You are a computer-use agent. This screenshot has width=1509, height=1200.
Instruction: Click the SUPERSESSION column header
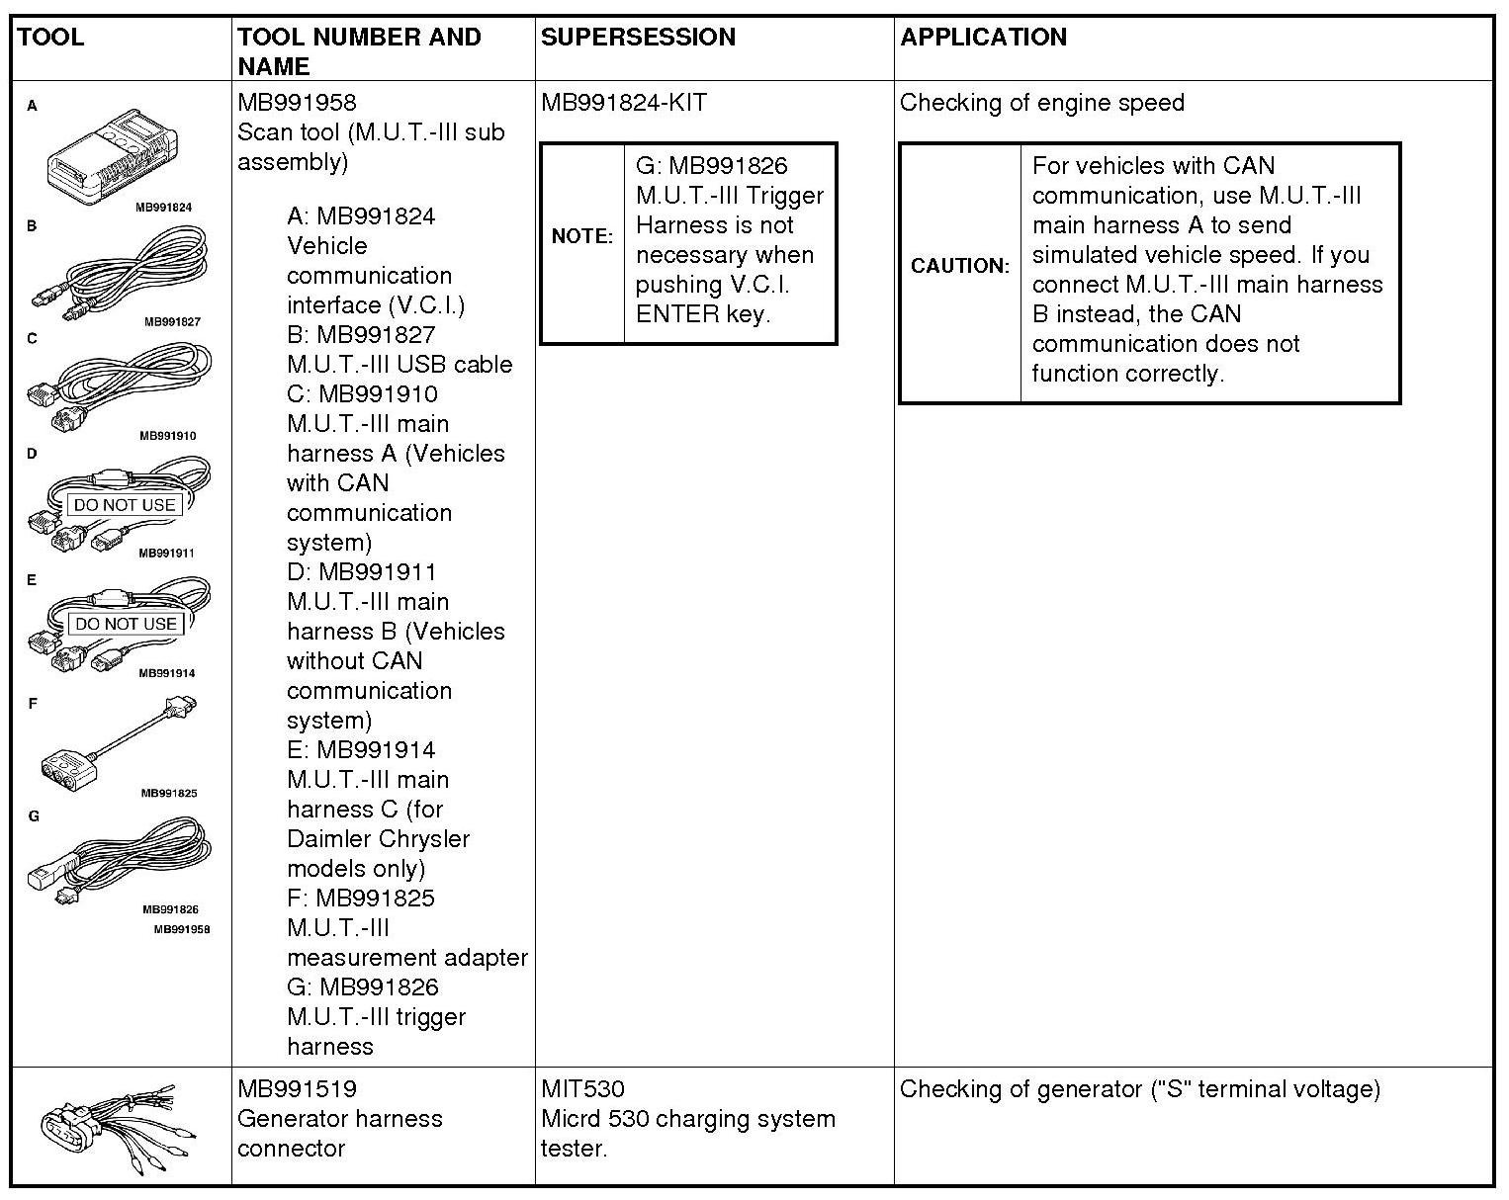(638, 38)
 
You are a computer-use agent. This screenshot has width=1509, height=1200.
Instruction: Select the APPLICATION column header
(983, 38)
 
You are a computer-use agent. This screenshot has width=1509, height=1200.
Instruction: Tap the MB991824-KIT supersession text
(624, 103)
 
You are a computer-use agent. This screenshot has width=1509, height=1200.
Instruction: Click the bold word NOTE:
(582, 236)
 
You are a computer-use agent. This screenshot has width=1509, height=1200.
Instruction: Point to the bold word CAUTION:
(960, 266)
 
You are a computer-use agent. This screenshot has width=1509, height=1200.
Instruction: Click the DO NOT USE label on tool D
(125, 505)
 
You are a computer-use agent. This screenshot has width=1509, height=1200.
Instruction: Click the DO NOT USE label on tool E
(126, 624)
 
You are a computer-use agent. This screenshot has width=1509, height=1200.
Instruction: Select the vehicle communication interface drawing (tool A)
(121, 158)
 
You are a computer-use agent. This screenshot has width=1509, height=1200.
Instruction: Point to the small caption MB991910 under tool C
(168, 435)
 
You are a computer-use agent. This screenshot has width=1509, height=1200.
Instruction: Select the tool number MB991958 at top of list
(297, 103)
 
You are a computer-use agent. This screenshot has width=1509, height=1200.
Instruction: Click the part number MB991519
(297, 1089)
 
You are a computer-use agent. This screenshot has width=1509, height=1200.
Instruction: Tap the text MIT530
(582, 1089)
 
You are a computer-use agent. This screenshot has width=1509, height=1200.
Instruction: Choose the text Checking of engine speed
(1041, 103)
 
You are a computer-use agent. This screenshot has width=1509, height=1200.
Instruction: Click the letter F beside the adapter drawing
(33, 704)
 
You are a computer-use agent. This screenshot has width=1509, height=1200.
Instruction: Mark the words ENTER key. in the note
(702, 314)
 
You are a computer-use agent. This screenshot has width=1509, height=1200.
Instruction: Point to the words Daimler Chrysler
(378, 839)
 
